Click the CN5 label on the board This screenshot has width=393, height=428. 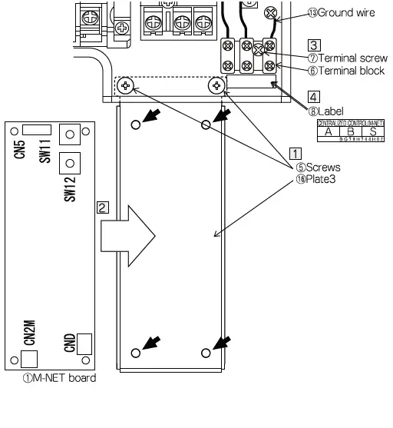click(x=19, y=146)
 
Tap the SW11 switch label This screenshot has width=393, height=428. click(x=45, y=150)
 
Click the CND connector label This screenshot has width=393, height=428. click(x=69, y=343)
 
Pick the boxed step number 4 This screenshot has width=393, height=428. click(x=313, y=97)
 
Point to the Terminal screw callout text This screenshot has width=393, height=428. click(x=345, y=58)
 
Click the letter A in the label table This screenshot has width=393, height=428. click(x=329, y=131)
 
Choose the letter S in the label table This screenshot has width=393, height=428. click(x=372, y=131)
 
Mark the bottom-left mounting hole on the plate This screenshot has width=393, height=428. click(x=136, y=353)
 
